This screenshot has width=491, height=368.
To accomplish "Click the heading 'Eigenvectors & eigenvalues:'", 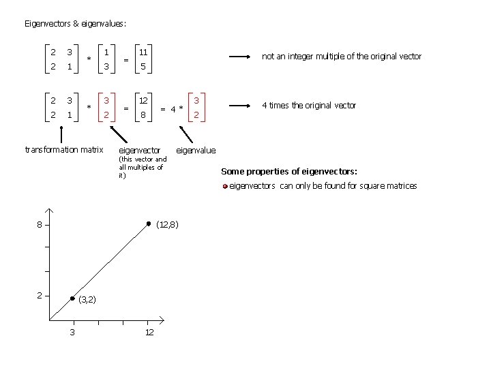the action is (75, 24).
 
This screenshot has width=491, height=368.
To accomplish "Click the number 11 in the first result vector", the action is (143, 52).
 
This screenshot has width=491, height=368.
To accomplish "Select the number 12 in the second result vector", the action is (143, 101).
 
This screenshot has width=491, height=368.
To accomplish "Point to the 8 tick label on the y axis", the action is (40, 225).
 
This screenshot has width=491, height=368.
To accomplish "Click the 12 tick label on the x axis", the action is (149, 332).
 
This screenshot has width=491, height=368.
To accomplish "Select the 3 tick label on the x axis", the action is (72, 332).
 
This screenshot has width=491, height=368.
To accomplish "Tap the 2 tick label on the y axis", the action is (40, 295).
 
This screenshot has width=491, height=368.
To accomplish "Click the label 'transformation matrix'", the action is (63, 149).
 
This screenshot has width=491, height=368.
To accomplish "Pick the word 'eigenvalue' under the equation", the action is (196, 150).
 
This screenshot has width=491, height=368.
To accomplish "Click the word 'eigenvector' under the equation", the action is (139, 150).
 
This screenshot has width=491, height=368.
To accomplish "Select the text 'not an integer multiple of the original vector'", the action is (342, 57).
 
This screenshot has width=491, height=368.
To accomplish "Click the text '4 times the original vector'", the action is (310, 106).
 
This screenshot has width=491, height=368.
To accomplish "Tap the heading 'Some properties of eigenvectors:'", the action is (289, 171).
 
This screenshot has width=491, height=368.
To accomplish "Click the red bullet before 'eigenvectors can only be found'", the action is (225, 186).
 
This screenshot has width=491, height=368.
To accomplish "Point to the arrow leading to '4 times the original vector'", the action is (241, 106).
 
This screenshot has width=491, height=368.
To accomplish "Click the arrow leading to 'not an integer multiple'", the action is (241, 57).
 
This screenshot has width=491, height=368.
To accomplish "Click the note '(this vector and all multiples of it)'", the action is (142, 167).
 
